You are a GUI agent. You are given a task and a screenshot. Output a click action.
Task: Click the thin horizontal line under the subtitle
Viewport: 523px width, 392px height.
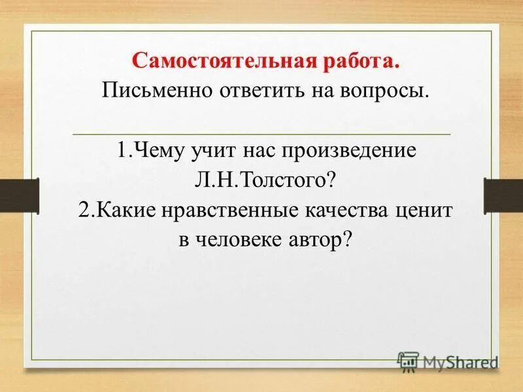(261, 133)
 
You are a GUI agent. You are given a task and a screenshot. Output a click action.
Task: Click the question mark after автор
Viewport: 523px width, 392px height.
(347, 239)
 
